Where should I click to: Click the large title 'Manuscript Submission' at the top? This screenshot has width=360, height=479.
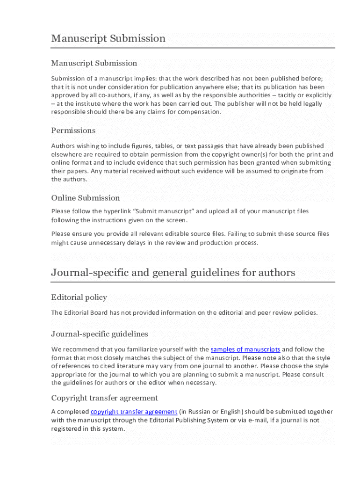pos(108,38)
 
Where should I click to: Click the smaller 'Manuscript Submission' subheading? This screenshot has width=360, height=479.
pos(94,63)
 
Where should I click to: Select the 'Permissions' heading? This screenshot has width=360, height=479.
pos(73,131)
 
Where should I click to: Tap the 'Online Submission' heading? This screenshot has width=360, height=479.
pos(85,198)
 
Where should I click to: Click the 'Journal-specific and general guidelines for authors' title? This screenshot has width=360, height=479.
pos(173,272)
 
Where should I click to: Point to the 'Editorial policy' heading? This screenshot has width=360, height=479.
pos(79,298)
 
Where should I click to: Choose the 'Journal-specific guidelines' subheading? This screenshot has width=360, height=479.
pos(100,334)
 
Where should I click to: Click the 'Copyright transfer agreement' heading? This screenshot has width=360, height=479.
pos(104,398)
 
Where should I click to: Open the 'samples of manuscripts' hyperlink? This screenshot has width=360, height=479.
pos(245,349)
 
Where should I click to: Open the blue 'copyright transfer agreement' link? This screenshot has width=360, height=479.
pos(134,412)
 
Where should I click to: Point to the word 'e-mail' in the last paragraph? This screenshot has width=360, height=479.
pos(255,420)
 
